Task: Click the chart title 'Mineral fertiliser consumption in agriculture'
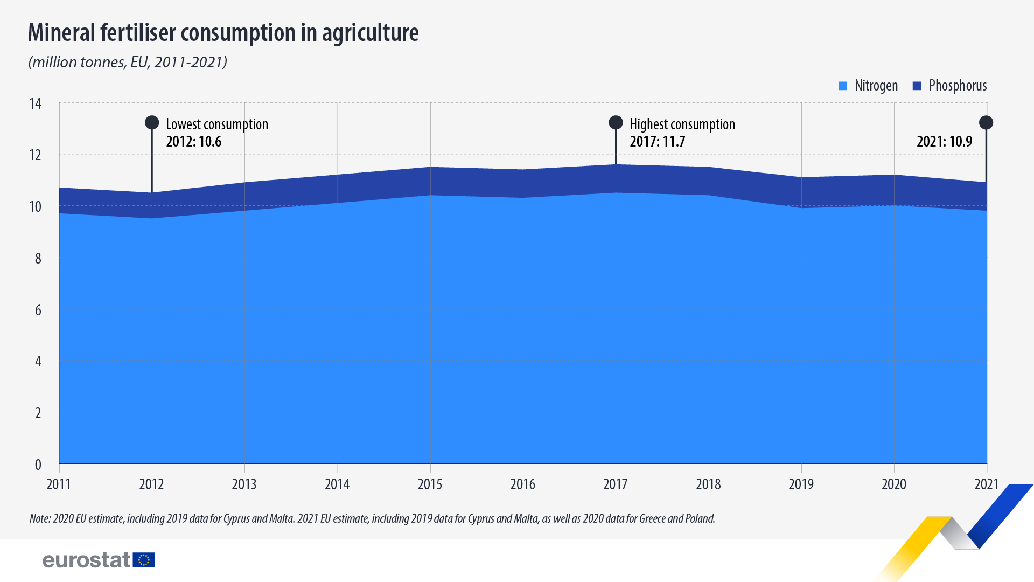pos(223,32)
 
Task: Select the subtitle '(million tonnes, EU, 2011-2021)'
pos(128,63)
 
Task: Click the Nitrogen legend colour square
pos(843,86)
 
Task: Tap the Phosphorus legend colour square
pos(917,86)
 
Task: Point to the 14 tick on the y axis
pos(35,103)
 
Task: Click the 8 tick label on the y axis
pos(38,259)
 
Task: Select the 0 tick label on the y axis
pos(38,465)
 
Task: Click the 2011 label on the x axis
pos(59,484)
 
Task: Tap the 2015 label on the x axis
pos(430,484)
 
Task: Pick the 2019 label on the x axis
pos(801,484)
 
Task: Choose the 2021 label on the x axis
pos(986,484)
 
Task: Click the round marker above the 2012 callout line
pos(152,123)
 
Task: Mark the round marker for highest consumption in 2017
pos(616,123)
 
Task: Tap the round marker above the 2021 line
pos(986,123)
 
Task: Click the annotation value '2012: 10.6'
pos(194,142)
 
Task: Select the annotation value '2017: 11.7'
pos(658,142)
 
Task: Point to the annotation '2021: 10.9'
pos(944,142)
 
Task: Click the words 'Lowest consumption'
pos(217,124)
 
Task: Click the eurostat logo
pos(99,560)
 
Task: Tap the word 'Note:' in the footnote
pos(40,518)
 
